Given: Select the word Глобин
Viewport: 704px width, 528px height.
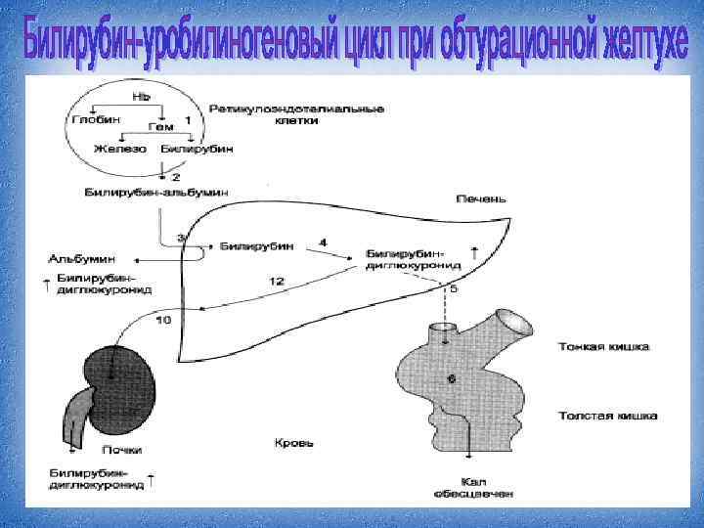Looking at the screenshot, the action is (x=96, y=118).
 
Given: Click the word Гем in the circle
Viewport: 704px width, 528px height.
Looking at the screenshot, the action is (x=158, y=127).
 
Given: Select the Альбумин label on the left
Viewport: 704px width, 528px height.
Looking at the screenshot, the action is (x=81, y=259).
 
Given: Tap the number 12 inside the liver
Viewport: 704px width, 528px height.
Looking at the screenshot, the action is (x=277, y=282).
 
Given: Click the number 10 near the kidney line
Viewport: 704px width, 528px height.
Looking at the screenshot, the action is (x=163, y=320).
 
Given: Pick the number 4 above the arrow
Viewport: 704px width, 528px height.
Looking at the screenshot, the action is (x=323, y=242).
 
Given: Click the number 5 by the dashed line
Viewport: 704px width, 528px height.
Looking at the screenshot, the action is (x=453, y=289).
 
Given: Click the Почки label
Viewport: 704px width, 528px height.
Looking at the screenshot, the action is (x=121, y=450).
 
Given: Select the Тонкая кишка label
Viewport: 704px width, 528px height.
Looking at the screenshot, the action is (x=604, y=346).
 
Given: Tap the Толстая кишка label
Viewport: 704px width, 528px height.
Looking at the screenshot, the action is (x=606, y=416).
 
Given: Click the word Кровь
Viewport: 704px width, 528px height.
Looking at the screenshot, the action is (x=292, y=443).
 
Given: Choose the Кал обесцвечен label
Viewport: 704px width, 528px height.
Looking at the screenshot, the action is (x=469, y=485).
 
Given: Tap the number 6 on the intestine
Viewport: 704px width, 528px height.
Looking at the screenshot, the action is (x=452, y=378).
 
